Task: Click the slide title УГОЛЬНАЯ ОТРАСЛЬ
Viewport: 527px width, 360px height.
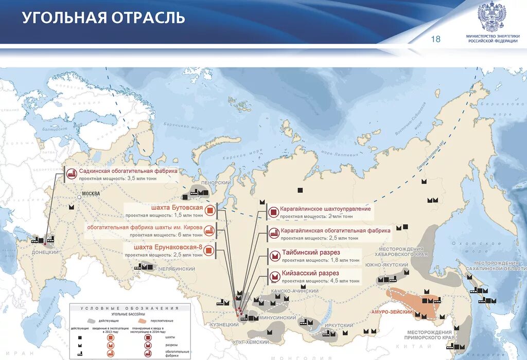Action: click(103, 19)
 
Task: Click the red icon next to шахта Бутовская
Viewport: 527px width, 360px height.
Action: click(209, 210)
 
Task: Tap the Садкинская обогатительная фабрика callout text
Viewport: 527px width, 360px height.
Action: click(128, 171)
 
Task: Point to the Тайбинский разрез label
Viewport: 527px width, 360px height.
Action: click(311, 253)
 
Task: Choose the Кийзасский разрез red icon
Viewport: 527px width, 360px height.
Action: click(274, 277)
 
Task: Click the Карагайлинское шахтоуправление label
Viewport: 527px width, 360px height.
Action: click(325, 209)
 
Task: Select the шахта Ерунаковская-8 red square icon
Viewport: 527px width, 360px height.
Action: click(209, 250)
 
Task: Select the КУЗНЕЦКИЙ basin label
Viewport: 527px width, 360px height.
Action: click(224, 325)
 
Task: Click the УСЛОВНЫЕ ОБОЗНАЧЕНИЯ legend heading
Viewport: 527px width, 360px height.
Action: click(130, 308)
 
